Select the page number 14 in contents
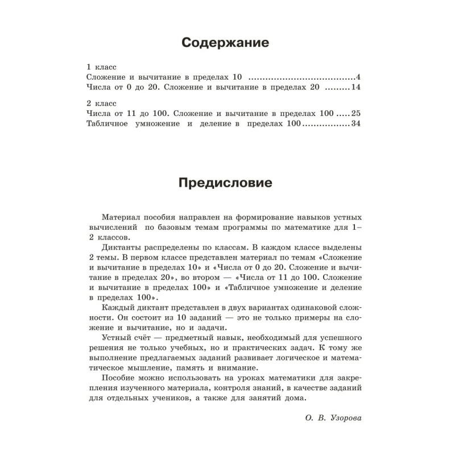357,88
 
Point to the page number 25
357,114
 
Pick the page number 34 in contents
357,124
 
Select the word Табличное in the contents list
110,124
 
